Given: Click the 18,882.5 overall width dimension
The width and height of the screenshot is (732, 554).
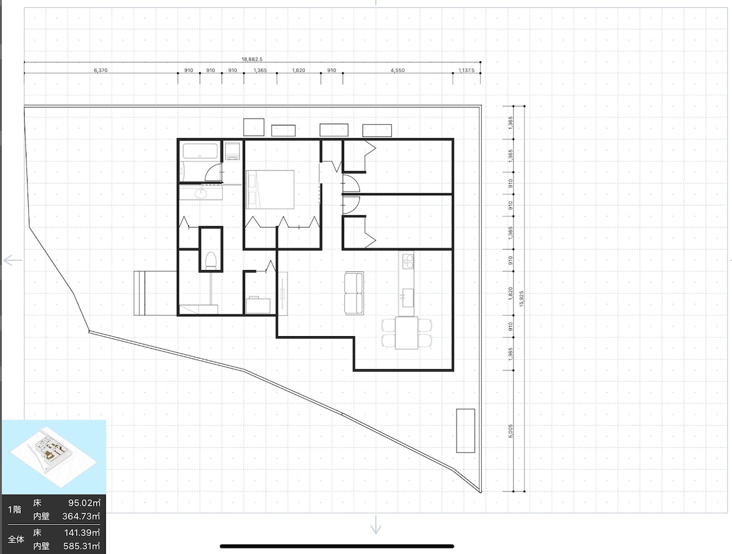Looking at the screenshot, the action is (x=252, y=59).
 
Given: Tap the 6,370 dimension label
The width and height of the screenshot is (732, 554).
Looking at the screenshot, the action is (x=101, y=70).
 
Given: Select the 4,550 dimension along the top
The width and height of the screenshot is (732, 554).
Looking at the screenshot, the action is (x=398, y=70).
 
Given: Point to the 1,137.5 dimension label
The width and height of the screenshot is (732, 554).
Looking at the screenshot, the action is (x=466, y=70).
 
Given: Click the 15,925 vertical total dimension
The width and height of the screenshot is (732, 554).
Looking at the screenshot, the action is (x=521, y=298).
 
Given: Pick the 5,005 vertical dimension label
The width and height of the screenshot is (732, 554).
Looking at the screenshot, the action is (x=511, y=431).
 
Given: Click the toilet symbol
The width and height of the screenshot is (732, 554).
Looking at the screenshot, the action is (x=211, y=261).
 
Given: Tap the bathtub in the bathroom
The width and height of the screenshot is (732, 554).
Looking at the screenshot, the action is (x=200, y=151).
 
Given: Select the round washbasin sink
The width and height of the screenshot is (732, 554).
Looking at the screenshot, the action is (x=201, y=193).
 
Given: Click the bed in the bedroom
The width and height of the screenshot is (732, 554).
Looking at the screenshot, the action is (x=270, y=190).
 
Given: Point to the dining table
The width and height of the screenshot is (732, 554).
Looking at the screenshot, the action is (x=407, y=333).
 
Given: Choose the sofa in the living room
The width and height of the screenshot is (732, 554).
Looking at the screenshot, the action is (x=354, y=293).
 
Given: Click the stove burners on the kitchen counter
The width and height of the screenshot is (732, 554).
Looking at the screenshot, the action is (x=408, y=261).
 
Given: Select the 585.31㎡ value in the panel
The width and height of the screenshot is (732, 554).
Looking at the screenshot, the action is (x=82, y=546).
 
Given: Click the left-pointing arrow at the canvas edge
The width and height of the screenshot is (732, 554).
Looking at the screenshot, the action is (x=13, y=260).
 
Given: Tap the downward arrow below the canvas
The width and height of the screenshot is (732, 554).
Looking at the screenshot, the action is (x=376, y=525).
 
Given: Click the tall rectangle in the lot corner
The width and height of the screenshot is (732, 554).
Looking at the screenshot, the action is (x=466, y=430).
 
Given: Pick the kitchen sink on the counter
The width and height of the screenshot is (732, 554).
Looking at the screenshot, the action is (x=407, y=298).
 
